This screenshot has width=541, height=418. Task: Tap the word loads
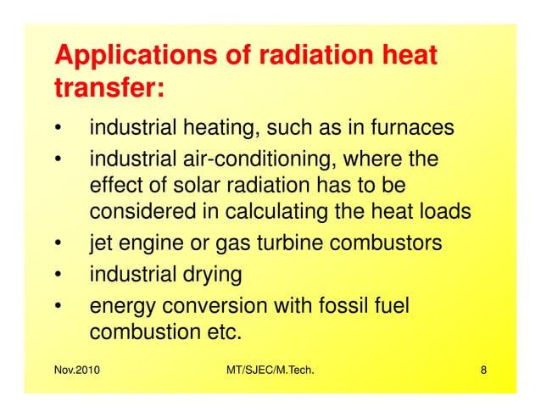pyautogui.click(x=443, y=212)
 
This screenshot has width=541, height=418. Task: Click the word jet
pyautogui.click(x=102, y=243)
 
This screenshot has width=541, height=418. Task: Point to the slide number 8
pyautogui.click(x=482, y=371)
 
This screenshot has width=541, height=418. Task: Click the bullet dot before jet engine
pyautogui.click(x=58, y=245)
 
